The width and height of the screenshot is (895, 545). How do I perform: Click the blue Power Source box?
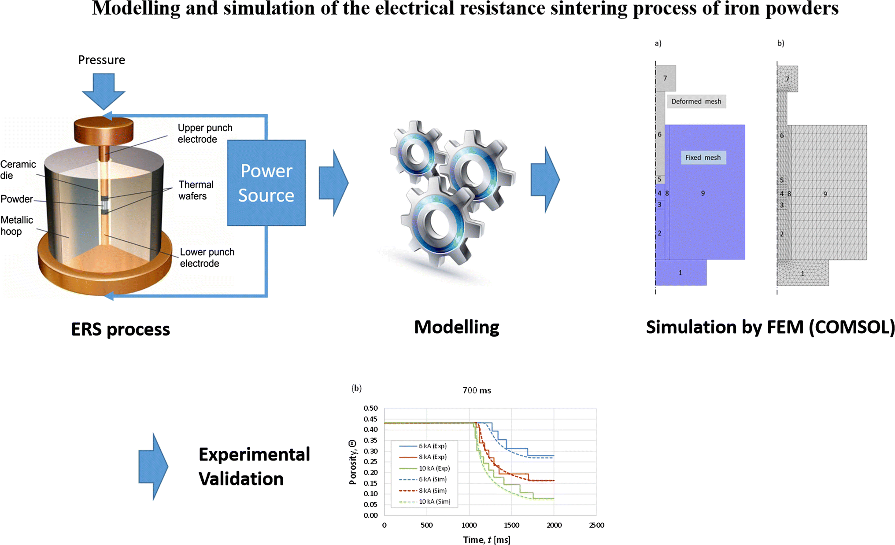(266, 183)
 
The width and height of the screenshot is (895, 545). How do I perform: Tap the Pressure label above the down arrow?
(101, 60)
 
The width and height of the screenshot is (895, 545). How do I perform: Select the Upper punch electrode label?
(205, 133)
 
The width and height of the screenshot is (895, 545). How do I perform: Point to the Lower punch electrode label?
(207, 258)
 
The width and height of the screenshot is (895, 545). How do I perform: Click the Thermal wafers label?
(196, 190)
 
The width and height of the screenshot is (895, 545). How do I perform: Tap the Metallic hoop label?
(17, 225)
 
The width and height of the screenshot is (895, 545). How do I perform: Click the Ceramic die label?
(18, 169)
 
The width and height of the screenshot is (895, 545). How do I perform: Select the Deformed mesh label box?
(696, 101)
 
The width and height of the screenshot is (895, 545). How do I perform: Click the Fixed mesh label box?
(703, 158)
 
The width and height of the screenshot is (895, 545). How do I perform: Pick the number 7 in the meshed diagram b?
(787, 79)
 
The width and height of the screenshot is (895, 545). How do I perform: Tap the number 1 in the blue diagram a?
(680, 273)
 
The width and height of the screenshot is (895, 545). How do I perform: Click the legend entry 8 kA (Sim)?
(433, 490)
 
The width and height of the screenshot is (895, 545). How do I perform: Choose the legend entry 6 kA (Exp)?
(433, 446)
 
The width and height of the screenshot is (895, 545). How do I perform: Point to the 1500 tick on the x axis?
(511, 525)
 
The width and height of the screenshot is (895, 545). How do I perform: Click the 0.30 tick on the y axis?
(370, 451)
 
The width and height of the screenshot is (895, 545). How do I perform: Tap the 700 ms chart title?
(477, 390)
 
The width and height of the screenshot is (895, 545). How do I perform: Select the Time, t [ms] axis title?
(486, 540)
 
